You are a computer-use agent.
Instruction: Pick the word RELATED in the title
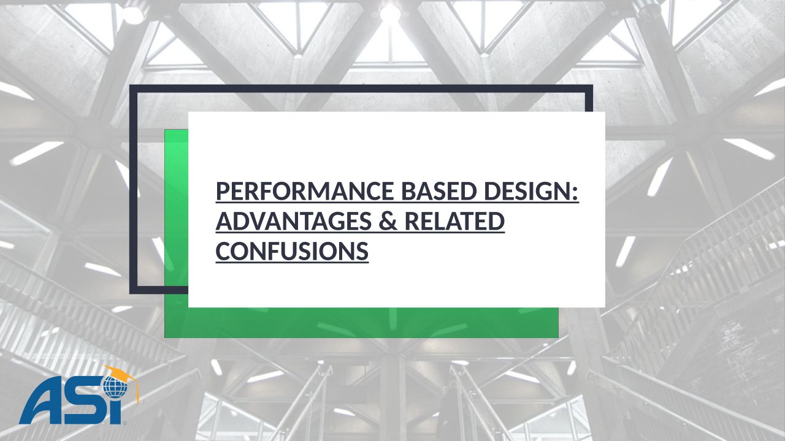coord(454,221)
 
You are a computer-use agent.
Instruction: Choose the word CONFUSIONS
coord(292,251)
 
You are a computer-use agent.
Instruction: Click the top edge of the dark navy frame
coord(361,89)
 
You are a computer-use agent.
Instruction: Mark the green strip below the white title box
coord(361,323)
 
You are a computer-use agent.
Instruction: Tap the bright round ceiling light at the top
coord(391,13)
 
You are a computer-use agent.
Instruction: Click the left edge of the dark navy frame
coord(134,189)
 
